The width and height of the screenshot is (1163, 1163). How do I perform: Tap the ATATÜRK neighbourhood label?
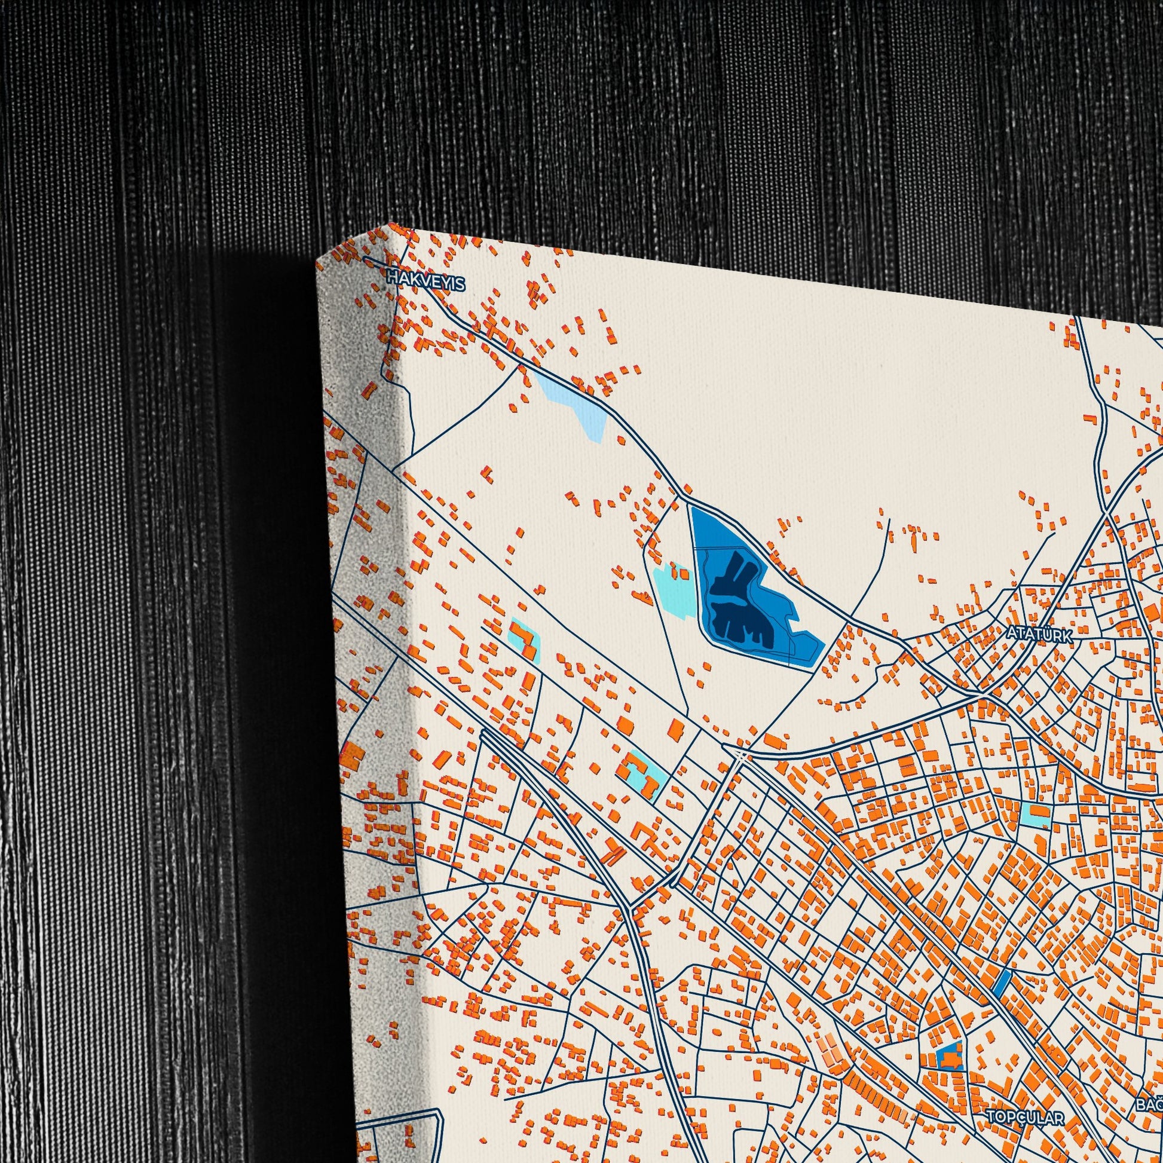click(x=1031, y=635)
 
